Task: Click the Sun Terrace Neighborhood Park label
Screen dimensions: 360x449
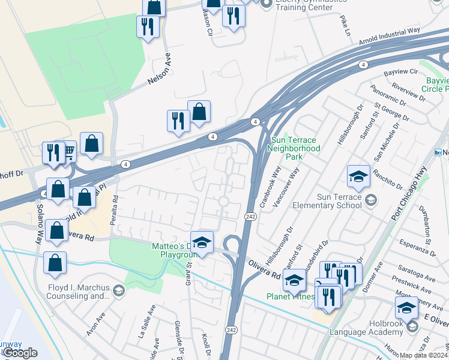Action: pyautogui.click(x=294, y=148)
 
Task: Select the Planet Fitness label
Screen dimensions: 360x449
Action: pyautogui.click(x=291, y=296)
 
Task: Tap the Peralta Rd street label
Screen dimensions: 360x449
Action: pyautogui.click(x=113, y=210)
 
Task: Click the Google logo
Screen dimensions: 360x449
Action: pyautogui.click(x=21, y=353)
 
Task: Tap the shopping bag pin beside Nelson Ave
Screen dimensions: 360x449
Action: pyautogui.click(x=199, y=112)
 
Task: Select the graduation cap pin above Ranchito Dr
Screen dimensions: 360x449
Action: pyautogui.click(x=358, y=177)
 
